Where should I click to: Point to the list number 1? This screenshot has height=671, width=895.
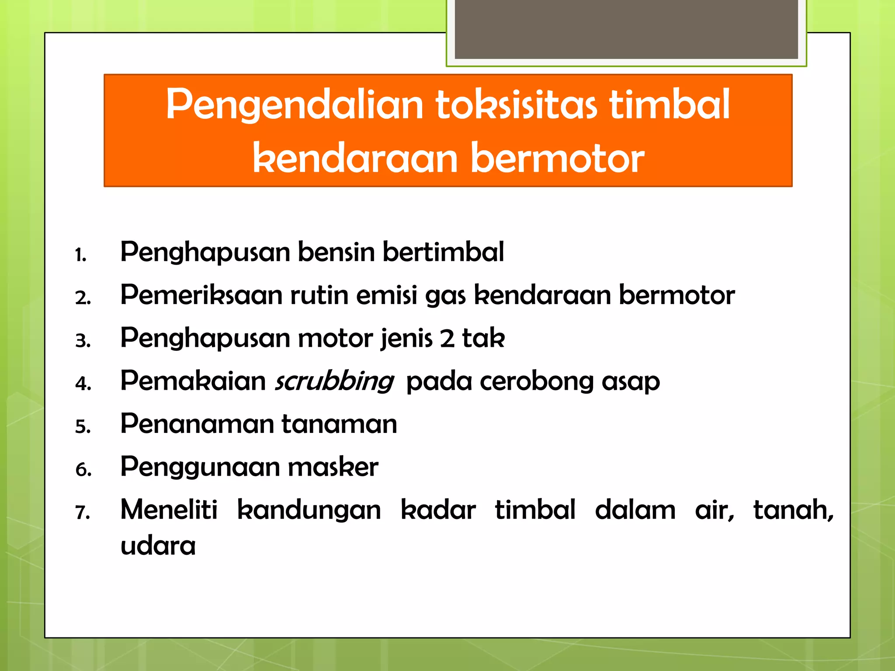[x=80, y=255]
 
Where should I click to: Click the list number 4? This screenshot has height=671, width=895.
[x=83, y=384]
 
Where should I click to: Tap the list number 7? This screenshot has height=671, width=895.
[x=83, y=512]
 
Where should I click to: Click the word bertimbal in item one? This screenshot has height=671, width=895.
[x=443, y=252]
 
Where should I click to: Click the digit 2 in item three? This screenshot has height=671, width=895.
[x=447, y=339]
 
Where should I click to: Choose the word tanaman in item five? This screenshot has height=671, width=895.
[x=339, y=424]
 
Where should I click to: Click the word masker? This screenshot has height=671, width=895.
[x=333, y=467]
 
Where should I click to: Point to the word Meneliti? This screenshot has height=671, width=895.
[x=169, y=510]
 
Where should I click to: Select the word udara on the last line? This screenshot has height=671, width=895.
[x=158, y=546]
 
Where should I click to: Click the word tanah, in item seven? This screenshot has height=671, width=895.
[x=793, y=510]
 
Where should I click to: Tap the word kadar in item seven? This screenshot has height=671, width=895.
[x=438, y=510]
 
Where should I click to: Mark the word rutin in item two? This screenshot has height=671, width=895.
[x=319, y=295]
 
